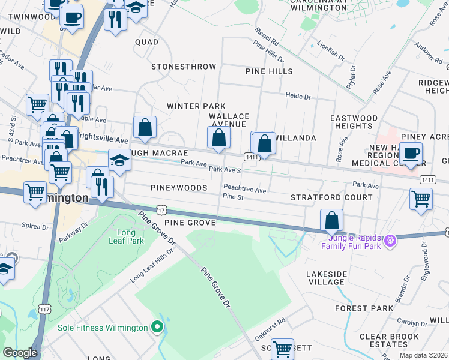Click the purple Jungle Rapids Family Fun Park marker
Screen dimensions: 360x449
point(391,241)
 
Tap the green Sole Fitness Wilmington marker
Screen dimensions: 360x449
point(157,327)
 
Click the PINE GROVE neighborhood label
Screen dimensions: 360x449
point(189,223)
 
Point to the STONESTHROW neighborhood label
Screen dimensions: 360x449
point(179,67)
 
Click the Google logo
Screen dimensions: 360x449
point(20,353)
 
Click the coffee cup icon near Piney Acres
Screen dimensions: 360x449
point(411,153)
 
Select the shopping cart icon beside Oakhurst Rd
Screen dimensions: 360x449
point(282,349)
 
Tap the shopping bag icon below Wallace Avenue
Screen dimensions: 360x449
point(219,137)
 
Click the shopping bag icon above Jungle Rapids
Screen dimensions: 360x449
point(331,220)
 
